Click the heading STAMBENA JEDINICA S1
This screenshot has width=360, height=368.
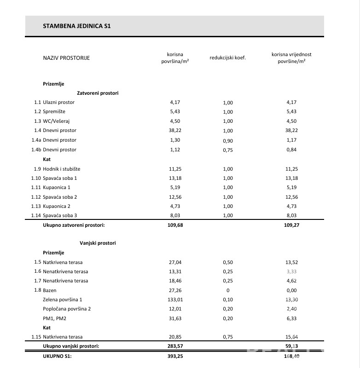(x=76, y=26)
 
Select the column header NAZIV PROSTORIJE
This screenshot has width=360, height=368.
(x=66, y=58)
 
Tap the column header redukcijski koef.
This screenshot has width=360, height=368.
(x=227, y=58)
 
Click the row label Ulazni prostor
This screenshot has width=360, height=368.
(x=58, y=102)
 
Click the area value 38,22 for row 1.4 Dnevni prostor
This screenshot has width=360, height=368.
(x=175, y=131)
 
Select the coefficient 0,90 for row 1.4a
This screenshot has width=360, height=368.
(x=227, y=140)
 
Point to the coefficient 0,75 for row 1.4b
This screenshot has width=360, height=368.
(x=227, y=150)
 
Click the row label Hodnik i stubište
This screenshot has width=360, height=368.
(x=64, y=169)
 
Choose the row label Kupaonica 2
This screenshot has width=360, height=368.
(x=59, y=207)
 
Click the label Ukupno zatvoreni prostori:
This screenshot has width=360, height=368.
(x=74, y=225)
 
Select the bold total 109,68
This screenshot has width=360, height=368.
(x=175, y=225)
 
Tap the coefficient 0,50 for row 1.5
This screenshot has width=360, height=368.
(x=227, y=262)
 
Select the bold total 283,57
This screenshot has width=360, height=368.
(x=175, y=346)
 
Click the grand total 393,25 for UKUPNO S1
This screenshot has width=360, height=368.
(x=175, y=356)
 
